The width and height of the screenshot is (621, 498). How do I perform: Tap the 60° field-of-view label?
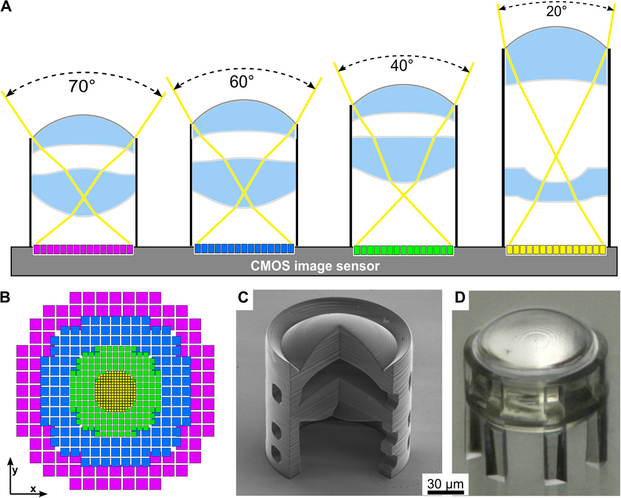pos(241,82)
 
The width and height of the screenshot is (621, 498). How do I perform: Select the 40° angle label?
pos(402,66)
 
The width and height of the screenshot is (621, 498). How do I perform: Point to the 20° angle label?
pos(557,11)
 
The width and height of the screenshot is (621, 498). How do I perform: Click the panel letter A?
pos(6,7)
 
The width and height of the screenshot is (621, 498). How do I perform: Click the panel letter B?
pos(5,298)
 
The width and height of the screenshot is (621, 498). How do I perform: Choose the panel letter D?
pos(460,298)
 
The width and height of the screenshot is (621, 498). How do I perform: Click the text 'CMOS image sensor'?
pos(315,266)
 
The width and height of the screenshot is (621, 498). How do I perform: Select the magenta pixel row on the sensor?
pos(83,249)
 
